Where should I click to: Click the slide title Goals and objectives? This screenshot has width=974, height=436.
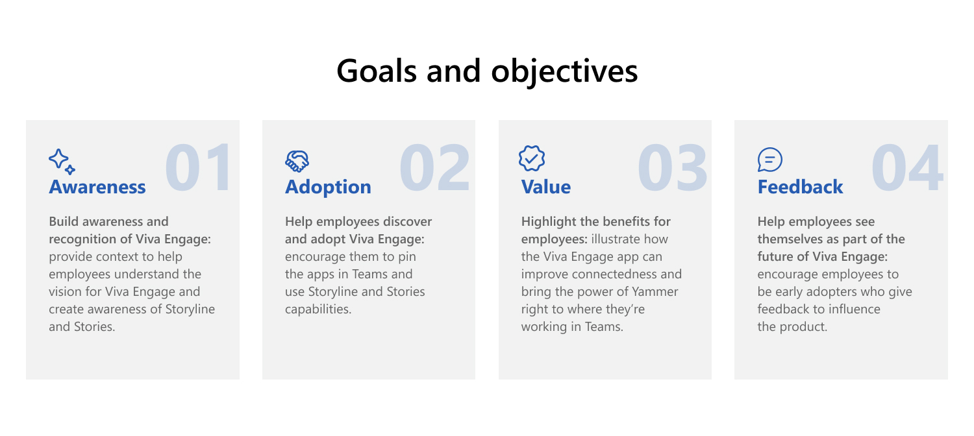487,71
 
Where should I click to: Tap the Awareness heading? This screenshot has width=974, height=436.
97,187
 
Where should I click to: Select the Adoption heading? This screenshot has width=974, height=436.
328,187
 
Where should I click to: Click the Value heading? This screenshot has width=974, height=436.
546,187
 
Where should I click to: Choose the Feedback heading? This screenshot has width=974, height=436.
800,187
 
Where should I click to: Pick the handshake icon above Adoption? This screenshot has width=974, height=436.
297,160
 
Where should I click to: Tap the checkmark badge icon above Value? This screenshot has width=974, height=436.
532,159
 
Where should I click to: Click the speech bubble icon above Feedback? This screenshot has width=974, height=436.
770,160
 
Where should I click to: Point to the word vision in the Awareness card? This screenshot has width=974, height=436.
66,292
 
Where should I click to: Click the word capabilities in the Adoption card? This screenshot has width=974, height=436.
318,309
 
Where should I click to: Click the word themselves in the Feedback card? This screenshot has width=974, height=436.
790,239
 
